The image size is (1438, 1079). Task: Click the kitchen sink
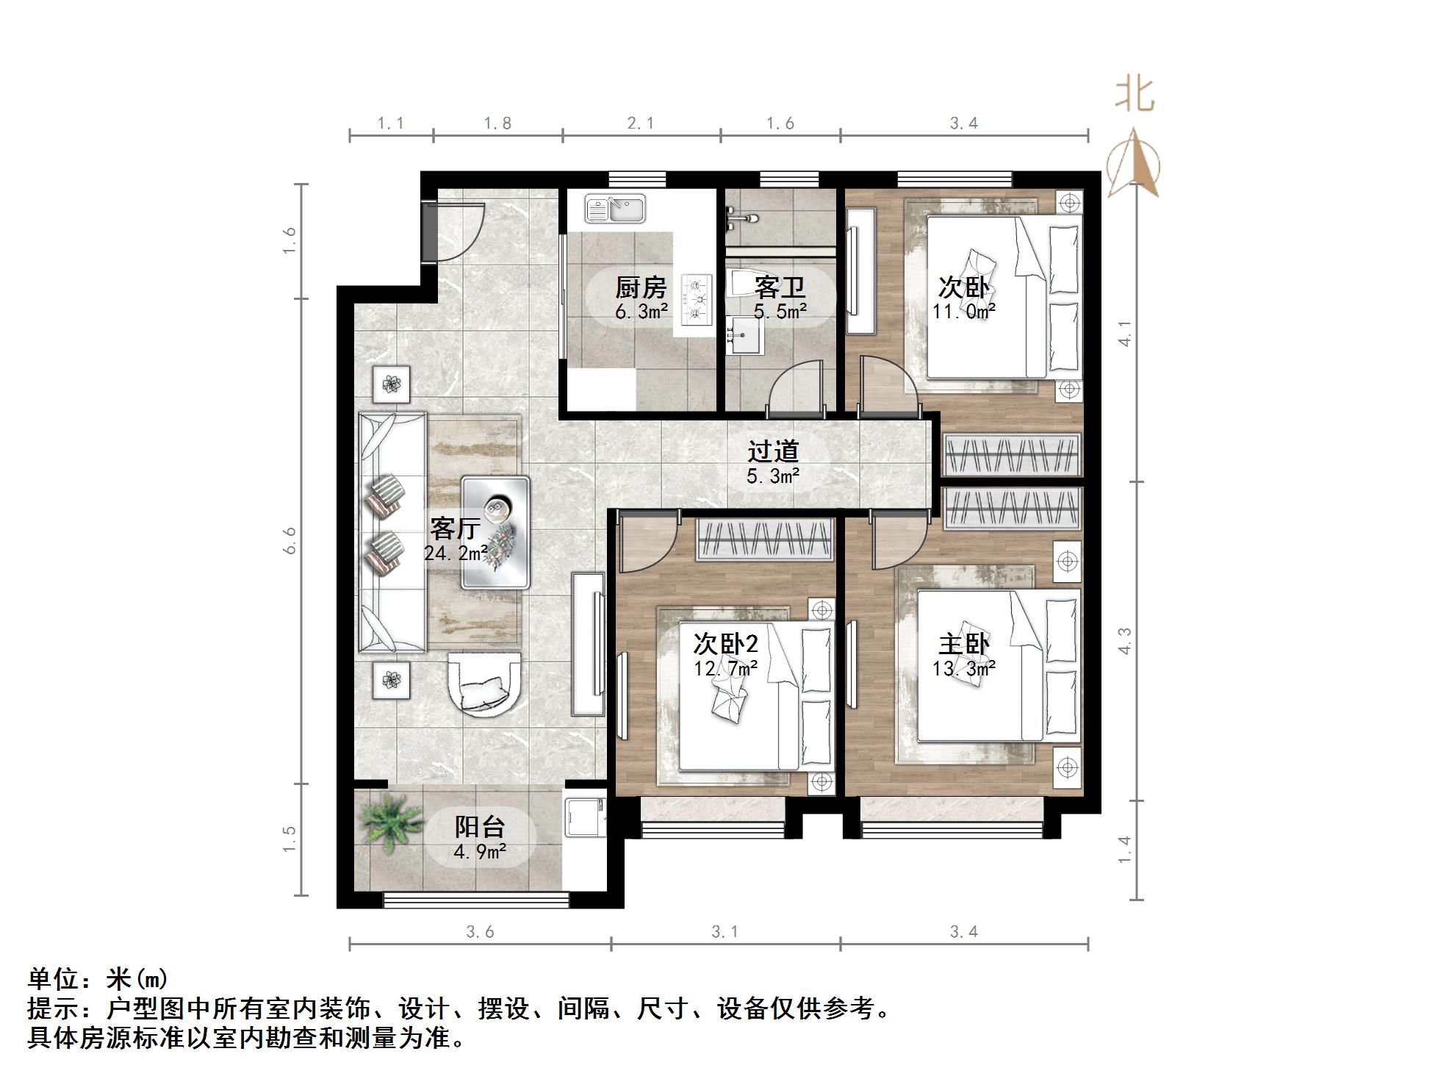tap(615, 209)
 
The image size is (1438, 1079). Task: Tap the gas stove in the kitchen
tap(697, 300)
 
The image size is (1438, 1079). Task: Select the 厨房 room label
tap(641, 288)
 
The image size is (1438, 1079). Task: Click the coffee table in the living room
tap(495, 532)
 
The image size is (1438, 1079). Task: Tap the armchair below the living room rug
tap(485, 682)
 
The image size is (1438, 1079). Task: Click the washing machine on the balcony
tap(585, 815)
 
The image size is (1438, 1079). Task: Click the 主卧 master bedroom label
tap(963, 645)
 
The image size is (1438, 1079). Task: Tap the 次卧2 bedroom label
tap(725, 645)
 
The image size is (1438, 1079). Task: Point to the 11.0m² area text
tap(963, 312)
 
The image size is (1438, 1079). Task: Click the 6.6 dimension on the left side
tap(290, 540)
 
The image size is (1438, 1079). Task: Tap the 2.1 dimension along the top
tap(641, 123)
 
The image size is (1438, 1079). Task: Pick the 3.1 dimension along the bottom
tap(725, 932)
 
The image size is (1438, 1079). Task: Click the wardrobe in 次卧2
tap(764, 539)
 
